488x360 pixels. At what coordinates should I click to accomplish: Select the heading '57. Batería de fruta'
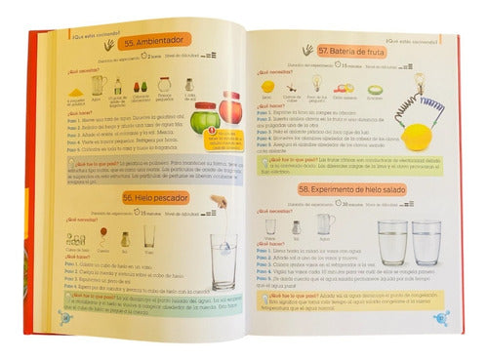[337, 49]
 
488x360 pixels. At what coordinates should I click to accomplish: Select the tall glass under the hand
[222, 261]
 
